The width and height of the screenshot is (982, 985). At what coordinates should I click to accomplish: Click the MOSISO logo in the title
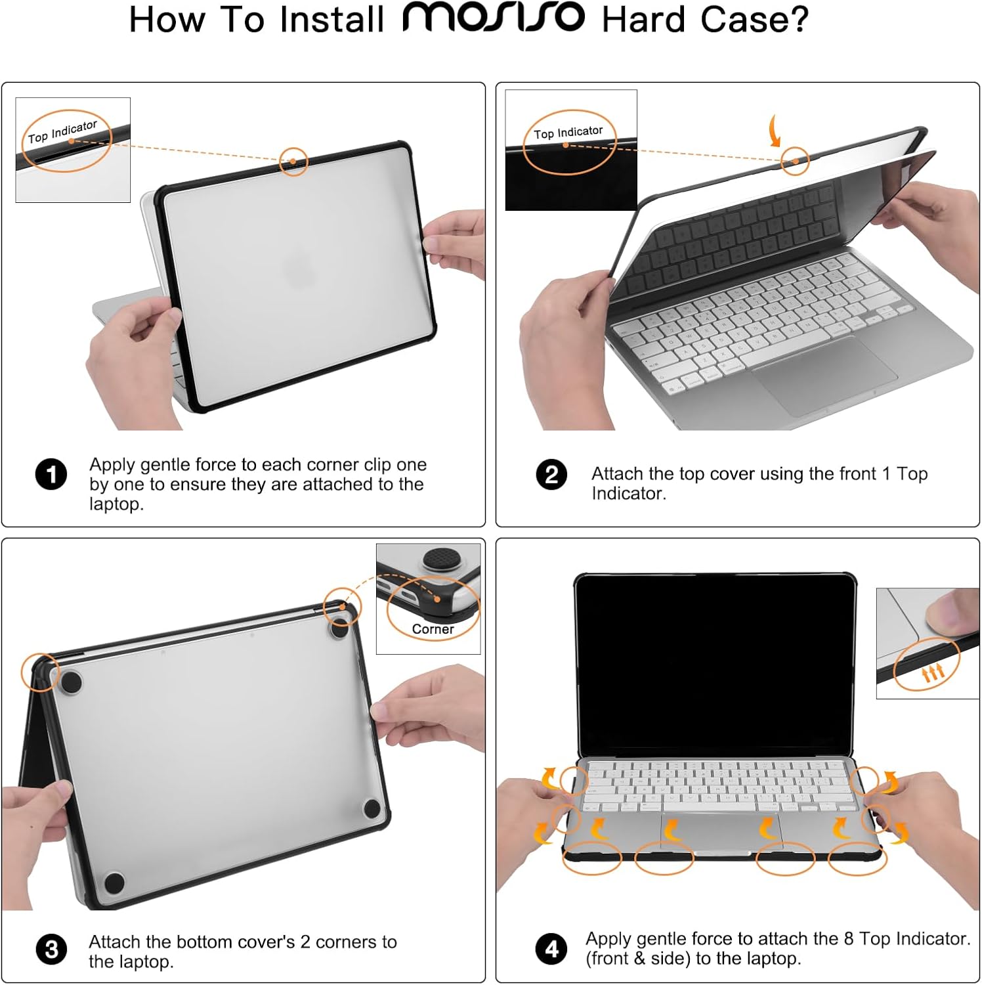(x=493, y=17)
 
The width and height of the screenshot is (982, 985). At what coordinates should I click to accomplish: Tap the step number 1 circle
(x=51, y=475)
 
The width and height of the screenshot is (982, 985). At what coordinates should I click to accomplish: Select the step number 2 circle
(x=551, y=475)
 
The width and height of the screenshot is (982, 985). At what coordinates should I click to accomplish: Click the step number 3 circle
(x=51, y=950)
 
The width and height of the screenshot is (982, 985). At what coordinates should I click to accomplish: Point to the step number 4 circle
(x=551, y=949)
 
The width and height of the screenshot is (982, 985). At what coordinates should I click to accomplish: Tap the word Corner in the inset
(x=433, y=629)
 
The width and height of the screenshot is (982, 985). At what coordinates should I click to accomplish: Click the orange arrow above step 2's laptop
(x=775, y=131)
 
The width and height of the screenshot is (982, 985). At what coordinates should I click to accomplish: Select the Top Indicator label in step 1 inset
(x=62, y=131)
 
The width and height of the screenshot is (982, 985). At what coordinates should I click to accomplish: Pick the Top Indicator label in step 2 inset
(x=568, y=133)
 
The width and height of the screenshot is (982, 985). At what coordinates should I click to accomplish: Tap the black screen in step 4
(x=715, y=665)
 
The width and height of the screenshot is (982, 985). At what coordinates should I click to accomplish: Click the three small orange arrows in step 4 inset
(x=933, y=672)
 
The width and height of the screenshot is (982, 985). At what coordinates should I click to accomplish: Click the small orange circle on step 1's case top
(x=293, y=161)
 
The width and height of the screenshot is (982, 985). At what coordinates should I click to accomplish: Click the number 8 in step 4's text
(x=849, y=939)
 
